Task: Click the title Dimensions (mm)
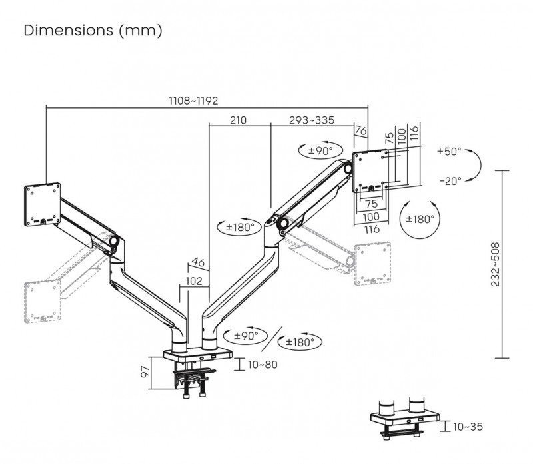[93, 31]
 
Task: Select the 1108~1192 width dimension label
[193, 100]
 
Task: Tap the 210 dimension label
[238, 120]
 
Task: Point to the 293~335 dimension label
[312, 120]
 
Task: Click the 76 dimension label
[360, 132]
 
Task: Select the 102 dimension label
[193, 281]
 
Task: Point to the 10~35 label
[468, 426]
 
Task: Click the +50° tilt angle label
[449, 152]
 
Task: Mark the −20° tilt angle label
[450, 180]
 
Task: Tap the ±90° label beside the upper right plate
[320, 151]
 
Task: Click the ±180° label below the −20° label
[421, 218]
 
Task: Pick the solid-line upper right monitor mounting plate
[369, 171]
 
